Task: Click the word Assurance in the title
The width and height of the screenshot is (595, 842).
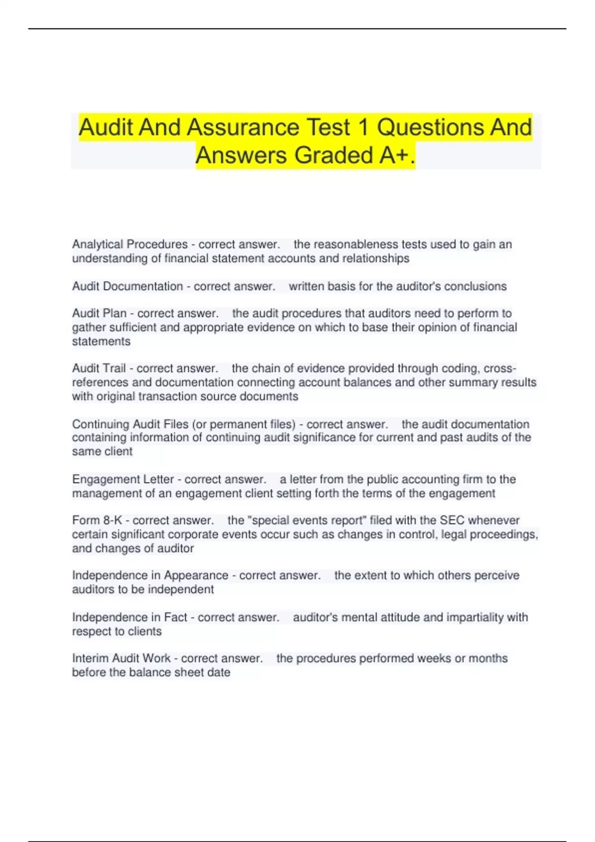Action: (243, 127)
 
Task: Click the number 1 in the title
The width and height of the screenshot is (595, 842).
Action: (363, 127)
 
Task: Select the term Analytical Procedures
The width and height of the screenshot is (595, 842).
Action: (130, 244)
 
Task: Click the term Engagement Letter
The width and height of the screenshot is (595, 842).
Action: (123, 479)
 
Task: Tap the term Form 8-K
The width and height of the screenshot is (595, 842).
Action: (97, 521)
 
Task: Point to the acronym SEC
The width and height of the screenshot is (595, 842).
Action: (452, 521)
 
